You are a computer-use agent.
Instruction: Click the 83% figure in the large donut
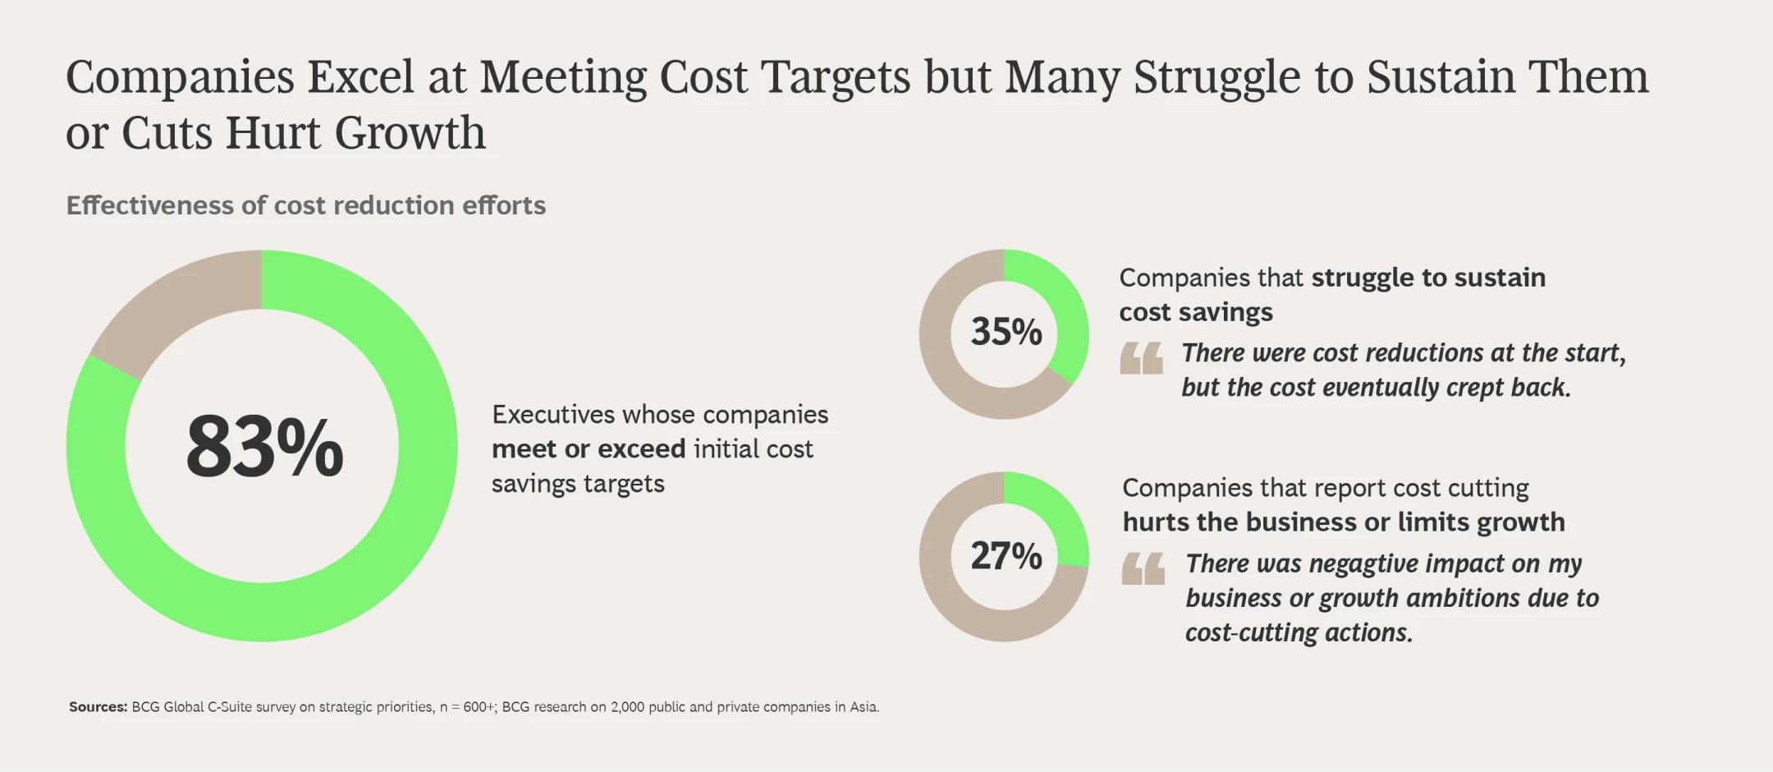264,448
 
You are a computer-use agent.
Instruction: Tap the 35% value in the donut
1006,332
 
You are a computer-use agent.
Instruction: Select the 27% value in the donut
1006,556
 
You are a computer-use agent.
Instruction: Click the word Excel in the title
360,77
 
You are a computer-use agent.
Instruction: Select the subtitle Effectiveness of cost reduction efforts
305,205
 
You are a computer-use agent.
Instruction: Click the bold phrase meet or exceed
588,449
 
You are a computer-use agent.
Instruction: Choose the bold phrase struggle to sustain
1428,278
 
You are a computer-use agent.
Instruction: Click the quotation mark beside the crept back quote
1141,358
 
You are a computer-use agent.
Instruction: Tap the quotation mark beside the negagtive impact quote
1143,568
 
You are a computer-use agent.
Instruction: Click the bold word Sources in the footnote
98,707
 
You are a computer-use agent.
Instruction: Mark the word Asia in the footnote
864,707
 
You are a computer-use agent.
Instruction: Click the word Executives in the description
553,415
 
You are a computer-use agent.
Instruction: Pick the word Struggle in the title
1216,77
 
